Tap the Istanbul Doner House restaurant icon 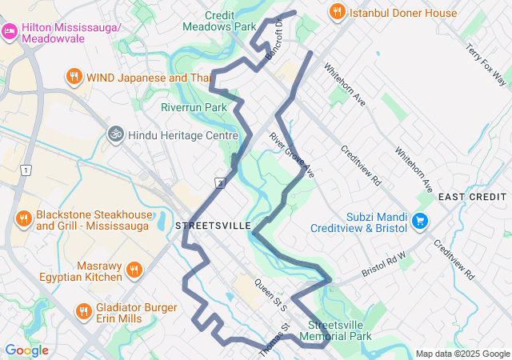click(337, 12)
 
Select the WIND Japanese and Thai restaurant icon click(74, 77)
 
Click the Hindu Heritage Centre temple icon click(116, 135)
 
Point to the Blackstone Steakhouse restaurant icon click(23, 219)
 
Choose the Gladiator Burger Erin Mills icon click(83, 311)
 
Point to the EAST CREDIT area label click(474, 198)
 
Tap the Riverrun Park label click(194, 107)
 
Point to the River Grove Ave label click(292, 154)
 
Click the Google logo click(26, 350)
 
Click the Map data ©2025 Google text click(462, 354)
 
